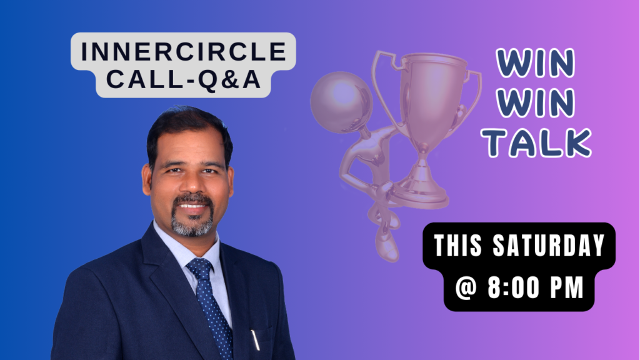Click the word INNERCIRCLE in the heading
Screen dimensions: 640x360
click(183, 51)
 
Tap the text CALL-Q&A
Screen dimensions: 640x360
click(183, 79)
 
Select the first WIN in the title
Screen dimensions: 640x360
click(536, 63)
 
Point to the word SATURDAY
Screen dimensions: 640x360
click(549, 246)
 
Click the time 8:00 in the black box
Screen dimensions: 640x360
click(514, 287)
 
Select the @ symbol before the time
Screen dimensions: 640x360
click(466, 287)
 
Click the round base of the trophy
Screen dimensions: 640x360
click(421, 196)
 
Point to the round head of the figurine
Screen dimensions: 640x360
click(341, 102)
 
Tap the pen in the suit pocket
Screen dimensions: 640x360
click(255, 339)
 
